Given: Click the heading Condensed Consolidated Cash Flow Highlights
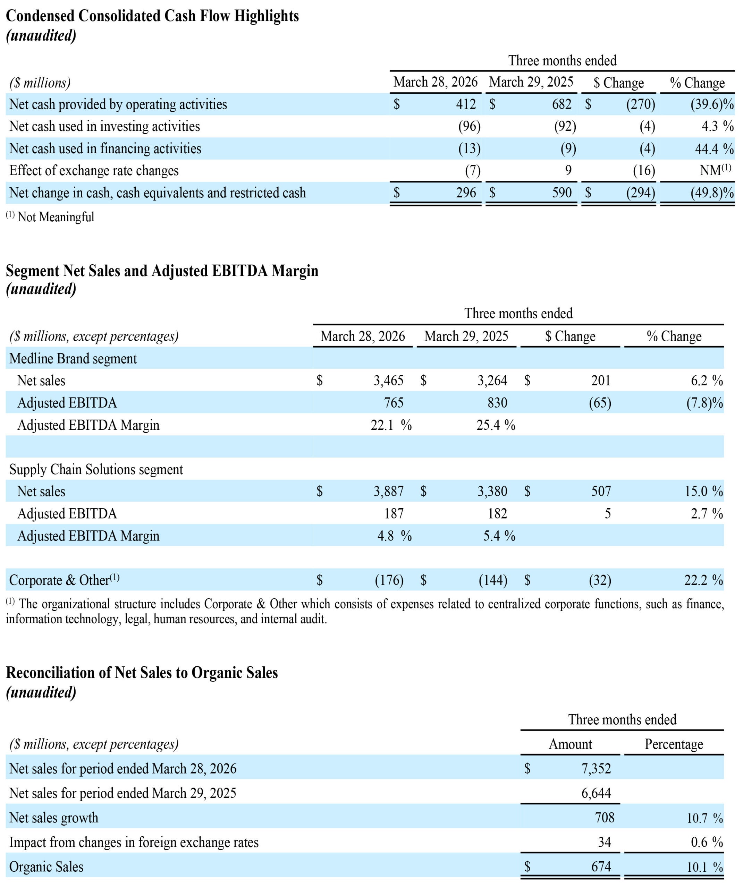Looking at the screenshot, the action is coord(152,16).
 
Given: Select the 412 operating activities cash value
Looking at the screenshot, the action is coord(466,104).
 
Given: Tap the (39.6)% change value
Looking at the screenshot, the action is coord(712,104).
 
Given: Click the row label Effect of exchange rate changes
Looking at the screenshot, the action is coord(94,170).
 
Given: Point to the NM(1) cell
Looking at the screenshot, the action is coord(716,170).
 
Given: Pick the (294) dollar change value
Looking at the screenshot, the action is coord(641,193).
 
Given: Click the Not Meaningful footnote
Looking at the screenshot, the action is coord(50,216).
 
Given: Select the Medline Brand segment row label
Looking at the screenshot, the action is coord(73,359).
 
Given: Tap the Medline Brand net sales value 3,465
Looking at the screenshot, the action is coord(388,381).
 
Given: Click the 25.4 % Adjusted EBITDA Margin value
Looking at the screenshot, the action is coord(496,425).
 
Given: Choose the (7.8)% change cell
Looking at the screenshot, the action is coord(704,403).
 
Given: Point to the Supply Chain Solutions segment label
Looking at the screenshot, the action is coord(96,469).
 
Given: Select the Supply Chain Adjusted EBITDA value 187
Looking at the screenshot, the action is coord(394,513).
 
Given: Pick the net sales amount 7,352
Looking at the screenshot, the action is coord(596,768).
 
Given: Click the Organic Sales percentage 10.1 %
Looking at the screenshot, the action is coord(705,867).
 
